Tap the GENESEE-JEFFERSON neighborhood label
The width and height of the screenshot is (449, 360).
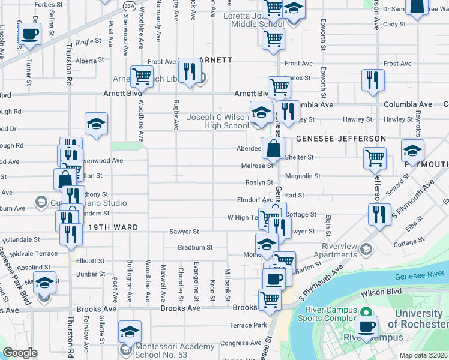(x=340, y=139)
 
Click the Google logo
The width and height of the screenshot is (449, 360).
(x=20, y=353)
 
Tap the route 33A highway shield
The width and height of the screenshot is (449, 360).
(x=130, y=5)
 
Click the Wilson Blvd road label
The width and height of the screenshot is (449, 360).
(x=381, y=293)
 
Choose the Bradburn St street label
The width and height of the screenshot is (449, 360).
(x=195, y=247)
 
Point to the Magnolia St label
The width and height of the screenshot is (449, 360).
(x=303, y=176)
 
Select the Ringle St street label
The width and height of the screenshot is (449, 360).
(x=89, y=42)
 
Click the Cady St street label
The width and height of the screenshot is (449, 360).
(x=394, y=25)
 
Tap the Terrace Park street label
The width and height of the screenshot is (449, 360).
(x=247, y=325)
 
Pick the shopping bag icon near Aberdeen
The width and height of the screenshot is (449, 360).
(x=273, y=148)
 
